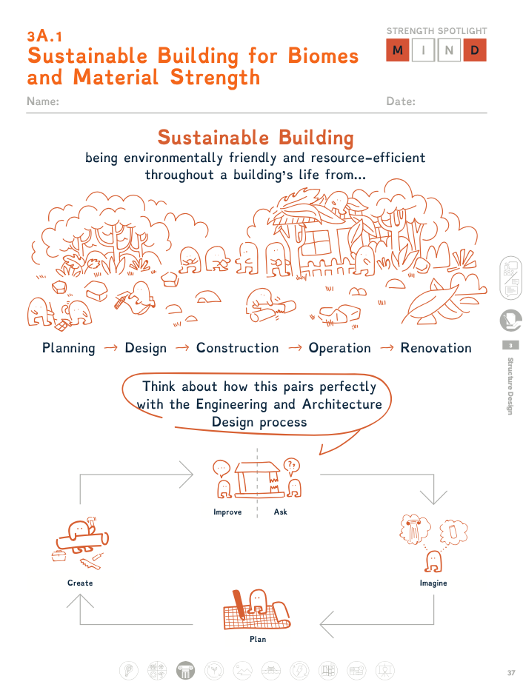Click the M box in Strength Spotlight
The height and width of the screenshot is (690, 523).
398,50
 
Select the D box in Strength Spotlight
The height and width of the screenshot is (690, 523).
475,50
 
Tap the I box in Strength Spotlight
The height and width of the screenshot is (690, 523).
424,50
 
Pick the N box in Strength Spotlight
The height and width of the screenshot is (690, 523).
449,50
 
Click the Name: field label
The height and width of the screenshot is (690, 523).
43,101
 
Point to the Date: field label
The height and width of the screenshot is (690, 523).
401,101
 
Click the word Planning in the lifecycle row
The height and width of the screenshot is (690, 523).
69,348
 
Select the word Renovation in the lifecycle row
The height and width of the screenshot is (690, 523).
436,348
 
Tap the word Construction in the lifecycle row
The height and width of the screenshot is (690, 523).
237,348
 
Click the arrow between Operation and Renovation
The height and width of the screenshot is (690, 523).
387,348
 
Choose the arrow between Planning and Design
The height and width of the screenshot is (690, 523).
110,348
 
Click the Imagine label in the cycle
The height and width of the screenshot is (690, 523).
433,583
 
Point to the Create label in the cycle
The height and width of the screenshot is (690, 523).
80,583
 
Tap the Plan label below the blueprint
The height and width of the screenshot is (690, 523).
258,639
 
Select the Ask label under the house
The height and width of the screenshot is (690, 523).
281,512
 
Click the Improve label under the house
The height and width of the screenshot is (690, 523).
227,512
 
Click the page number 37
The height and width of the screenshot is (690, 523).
511,673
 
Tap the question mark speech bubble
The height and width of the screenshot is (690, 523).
291,466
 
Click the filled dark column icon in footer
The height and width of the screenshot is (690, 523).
185,671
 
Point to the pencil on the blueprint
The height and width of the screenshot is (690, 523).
239,605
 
